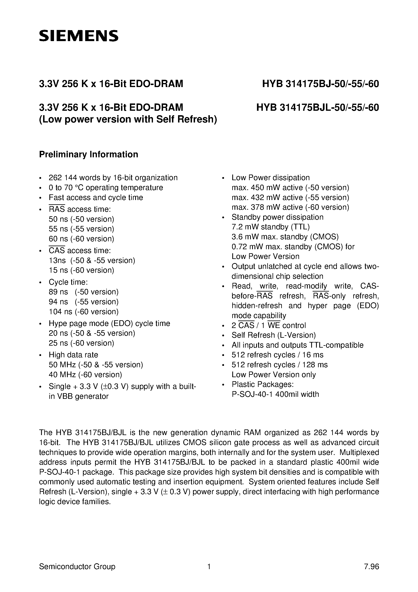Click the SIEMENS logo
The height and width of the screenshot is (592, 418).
pos(79,36)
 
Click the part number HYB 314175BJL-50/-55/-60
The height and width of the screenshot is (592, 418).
pos(317,107)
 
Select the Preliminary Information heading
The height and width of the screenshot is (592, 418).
pos(88,154)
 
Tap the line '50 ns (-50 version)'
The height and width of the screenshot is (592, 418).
pos(81,219)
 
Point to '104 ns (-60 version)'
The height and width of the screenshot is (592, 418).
pos(84,312)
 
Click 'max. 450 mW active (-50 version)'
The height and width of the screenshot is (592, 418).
pos(290,188)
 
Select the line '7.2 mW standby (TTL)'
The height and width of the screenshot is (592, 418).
pos(271,227)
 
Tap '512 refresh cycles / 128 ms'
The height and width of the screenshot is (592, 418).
pos(279,365)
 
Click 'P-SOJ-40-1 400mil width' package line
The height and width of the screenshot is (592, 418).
pos(275,394)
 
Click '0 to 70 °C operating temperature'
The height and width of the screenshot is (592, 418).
pos(106,188)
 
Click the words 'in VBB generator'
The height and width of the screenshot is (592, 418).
pos(78,396)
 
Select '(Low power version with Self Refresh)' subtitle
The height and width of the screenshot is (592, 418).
pos(128,119)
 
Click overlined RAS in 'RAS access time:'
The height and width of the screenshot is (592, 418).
pos(57,209)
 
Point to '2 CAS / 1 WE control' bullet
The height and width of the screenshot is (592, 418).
pos(268,325)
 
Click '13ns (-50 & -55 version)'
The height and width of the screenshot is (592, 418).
pos(92,260)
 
